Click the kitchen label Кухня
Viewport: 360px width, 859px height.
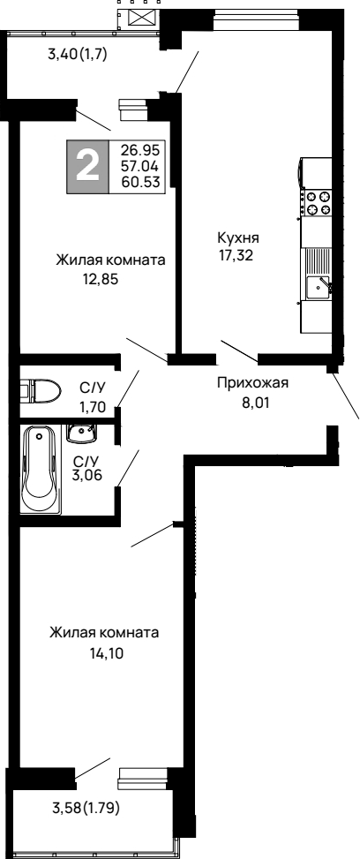tap(238, 238)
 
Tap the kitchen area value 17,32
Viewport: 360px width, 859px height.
tap(235, 255)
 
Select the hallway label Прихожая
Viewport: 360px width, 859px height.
tap(252, 383)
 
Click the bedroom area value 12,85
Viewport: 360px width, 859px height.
tap(101, 279)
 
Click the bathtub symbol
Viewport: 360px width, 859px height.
tap(41, 470)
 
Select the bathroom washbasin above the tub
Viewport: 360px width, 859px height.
tap(81, 433)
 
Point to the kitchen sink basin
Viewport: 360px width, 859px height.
tap(316, 285)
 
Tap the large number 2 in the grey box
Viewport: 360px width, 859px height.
tap(87, 167)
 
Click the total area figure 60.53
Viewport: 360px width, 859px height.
tap(142, 181)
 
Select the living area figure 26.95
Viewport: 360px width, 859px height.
tap(142, 150)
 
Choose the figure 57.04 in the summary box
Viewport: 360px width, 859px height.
tap(142, 166)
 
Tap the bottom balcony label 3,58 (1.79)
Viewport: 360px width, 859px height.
tap(86, 808)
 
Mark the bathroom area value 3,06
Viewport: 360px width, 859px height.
tap(87, 474)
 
